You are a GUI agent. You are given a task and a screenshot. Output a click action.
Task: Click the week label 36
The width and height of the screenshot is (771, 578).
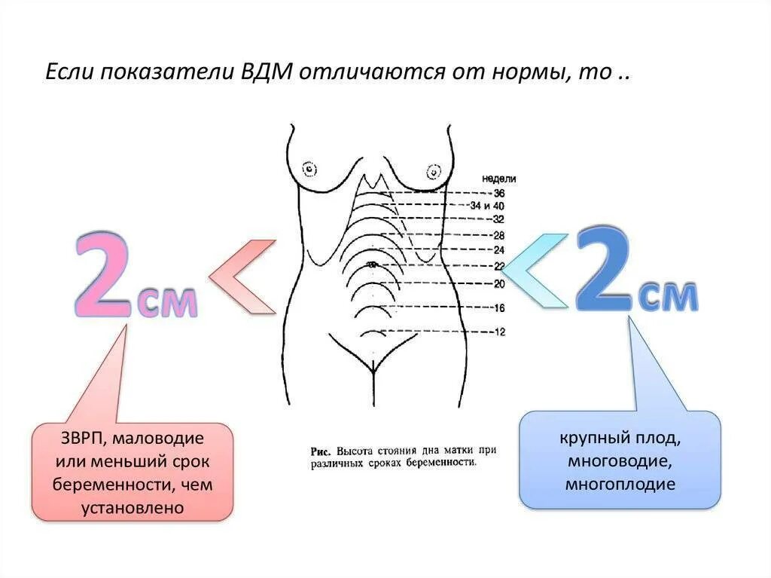(x=499, y=194)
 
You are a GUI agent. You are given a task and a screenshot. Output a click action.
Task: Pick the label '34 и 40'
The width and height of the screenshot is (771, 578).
(x=486, y=206)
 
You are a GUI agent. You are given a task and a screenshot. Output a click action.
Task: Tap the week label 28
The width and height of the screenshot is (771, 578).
(x=498, y=236)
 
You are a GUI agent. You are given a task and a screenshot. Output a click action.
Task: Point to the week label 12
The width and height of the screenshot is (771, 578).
(x=498, y=332)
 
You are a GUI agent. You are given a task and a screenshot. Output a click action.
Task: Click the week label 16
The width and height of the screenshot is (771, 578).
(x=498, y=308)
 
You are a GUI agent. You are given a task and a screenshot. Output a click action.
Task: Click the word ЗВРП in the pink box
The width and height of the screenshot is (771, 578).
(x=81, y=438)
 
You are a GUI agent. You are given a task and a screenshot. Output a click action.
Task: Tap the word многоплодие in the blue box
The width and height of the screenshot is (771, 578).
(x=620, y=484)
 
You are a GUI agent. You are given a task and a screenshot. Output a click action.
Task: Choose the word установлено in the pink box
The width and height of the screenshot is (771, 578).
(x=133, y=508)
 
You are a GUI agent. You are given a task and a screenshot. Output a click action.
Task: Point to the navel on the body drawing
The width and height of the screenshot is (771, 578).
(x=370, y=264)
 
